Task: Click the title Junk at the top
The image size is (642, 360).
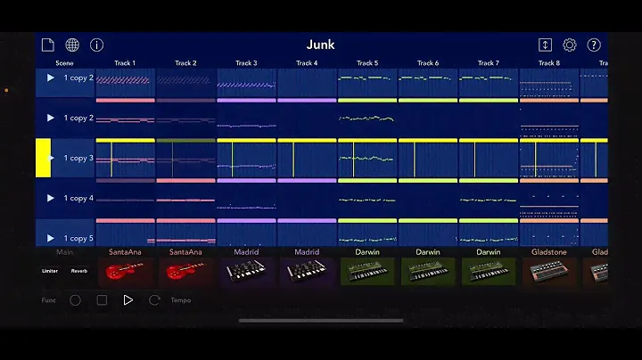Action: pyautogui.click(x=321, y=45)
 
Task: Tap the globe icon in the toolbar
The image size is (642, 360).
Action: pyautogui.click(x=72, y=45)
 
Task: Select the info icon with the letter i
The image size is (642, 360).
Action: pyautogui.click(x=96, y=45)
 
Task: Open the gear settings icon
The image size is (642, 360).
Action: pyautogui.click(x=570, y=45)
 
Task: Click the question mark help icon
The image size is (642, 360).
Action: pyautogui.click(x=594, y=45)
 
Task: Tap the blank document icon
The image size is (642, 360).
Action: pyautogui.click(x=48, y=45)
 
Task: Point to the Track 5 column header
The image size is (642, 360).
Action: pyautogui.click(x=367, y=63)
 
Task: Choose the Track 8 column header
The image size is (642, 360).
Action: pyautogui.click(x=549, y=63)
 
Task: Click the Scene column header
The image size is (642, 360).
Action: pyautogui.click(x=65, y=63)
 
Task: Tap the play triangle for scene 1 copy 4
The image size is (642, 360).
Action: pyautogui.click(x=51, y=198)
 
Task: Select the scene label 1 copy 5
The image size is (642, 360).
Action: pyautogui.click(x=78, y=238)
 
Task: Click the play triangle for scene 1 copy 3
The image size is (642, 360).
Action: pyautogui.click(x=51, y=158)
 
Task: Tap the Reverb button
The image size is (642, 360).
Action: pyautogui.click(x=79, y=271)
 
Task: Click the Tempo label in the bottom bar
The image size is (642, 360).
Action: pyautogui.click(x=181, y=300)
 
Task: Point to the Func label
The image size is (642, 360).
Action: pyautogui.click(x=49, y=300)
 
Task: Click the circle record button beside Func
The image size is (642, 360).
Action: pyautogui.click(x=75, y=300)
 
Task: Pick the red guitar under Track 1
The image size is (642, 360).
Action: pyautogui.click(x=125, y=271)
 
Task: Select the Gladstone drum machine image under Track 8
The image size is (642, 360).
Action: pyautogui.click(x=549, y=271)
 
